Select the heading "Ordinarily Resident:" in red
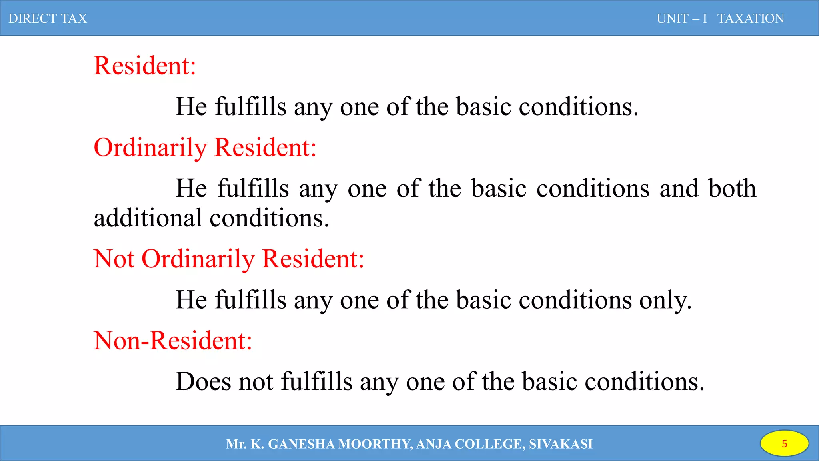[x=205, y=147]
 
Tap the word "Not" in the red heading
[x=114, y=259]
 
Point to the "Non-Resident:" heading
[x=173, y=341]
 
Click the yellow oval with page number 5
[x=784, y=443]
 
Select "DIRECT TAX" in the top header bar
[x=48, y=18]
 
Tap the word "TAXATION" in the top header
[x=751, y=18]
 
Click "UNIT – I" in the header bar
[x=682, y=18]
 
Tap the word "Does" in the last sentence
[x=203, y=381]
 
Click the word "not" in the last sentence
[x=256, y=381]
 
